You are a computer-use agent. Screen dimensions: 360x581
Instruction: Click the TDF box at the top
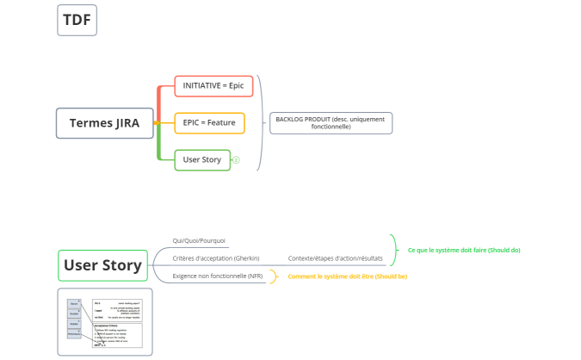point(77,20)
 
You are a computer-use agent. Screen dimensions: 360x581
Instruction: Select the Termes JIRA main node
point(104,122)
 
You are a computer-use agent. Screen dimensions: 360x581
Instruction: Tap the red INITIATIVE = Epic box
point(213,86)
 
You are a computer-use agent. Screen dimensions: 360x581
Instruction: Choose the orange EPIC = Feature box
point(209,122)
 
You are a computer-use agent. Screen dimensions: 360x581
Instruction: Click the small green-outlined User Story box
point(202,159)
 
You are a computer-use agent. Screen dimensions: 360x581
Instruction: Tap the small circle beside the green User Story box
point(236,159)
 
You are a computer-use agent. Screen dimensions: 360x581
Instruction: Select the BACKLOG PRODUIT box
point(331,122)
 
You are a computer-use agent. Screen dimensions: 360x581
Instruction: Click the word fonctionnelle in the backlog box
point(331,127)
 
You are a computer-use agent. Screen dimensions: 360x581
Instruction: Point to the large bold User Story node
point(102,265)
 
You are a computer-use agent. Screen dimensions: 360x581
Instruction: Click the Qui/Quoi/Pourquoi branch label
point(200,241)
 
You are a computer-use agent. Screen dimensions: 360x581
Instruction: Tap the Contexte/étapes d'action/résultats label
point(335,258)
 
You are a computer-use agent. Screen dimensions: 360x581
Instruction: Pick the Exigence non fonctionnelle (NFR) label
point(218,276)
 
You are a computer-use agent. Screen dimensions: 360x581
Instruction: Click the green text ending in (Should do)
point(464,250)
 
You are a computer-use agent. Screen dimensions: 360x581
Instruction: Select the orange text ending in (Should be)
point(348,276)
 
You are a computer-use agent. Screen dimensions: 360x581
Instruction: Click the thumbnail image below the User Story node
point(104,322)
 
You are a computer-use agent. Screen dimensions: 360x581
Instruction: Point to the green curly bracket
point(394,250)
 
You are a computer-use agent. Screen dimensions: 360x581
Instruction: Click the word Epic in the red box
point(236,86)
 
